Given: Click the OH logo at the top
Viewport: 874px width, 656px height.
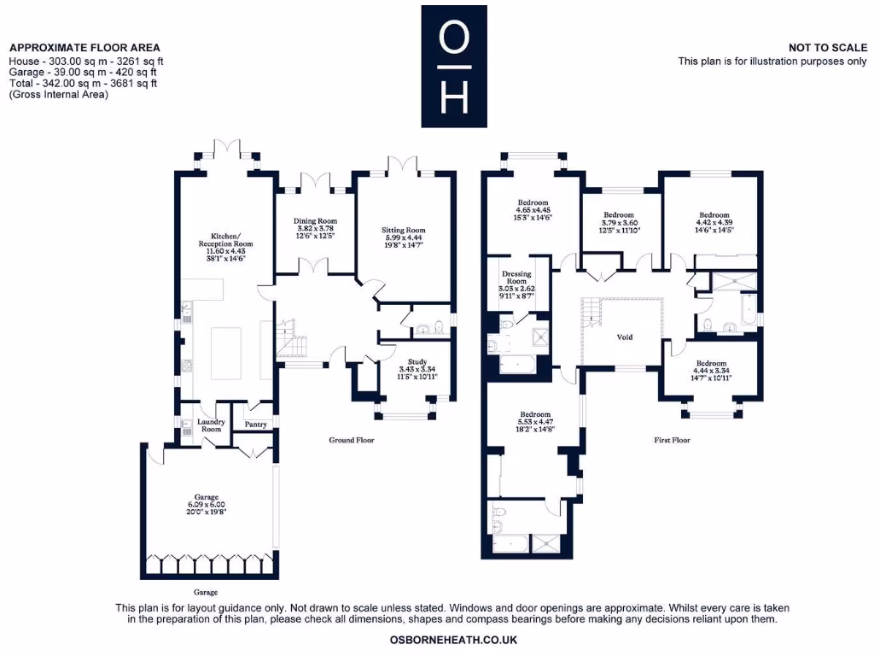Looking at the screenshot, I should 453,67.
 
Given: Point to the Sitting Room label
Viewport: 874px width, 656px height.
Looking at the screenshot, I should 403,230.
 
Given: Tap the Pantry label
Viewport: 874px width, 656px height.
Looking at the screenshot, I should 256,425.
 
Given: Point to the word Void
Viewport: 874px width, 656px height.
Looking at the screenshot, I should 625,337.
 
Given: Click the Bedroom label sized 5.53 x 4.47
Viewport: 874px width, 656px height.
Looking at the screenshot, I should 534,414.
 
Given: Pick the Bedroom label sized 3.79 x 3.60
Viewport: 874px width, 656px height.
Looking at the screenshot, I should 618,214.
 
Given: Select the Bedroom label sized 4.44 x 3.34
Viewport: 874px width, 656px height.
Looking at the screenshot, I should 713,363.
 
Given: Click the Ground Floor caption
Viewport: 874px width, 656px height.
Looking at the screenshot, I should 352,441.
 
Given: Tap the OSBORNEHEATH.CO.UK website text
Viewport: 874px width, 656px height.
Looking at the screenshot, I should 452,640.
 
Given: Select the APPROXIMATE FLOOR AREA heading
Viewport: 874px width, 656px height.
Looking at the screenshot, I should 84,48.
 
